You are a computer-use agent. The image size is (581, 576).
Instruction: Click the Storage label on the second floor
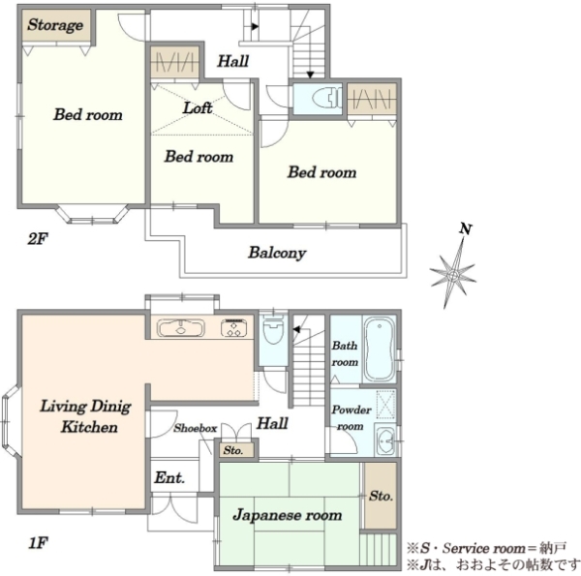[x=55, y=25]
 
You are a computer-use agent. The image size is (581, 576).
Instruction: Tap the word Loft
[x=198, y=107]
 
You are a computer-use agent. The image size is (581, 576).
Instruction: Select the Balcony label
[x=277, y=253]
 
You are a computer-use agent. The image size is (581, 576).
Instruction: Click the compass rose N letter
[x=466, y=228]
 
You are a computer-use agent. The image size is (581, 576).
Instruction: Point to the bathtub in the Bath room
[x=379, y=349]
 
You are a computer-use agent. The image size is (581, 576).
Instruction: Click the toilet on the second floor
[x=326, y=98]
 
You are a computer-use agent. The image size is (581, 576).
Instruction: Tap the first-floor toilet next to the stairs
[x=273, y=330]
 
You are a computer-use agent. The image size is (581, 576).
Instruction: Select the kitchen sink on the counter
[x=180, y=328]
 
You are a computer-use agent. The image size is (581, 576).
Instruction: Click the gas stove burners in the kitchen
[x=233, y=328]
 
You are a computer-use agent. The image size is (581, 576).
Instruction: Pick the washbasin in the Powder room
[x=386, y=440]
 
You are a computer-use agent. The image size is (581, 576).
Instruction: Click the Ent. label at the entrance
[x=169, y=477]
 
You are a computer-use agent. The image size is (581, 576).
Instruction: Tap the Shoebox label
[x=196, y=428]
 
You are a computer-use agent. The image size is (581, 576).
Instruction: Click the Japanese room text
[x=288, y=515]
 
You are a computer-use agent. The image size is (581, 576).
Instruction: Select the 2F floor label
[x=38, y=239]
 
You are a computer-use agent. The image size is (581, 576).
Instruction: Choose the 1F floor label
[x=38, y=543]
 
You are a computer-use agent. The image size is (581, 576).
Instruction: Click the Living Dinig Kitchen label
[x=86, y=416]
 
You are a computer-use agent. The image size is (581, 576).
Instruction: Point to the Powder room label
[x=351, y=418]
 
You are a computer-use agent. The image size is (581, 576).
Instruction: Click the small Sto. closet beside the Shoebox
[x=236, y=450]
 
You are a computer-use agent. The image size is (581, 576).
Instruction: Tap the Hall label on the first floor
[x=272, y=423]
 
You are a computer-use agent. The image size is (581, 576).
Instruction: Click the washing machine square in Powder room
[x=385, y=405]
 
